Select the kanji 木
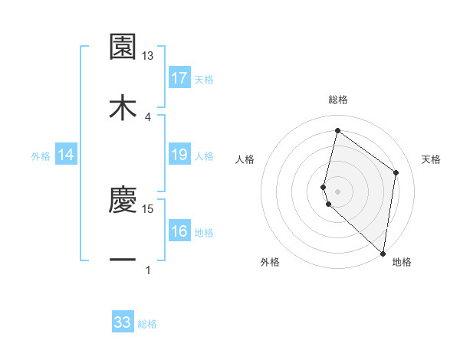pyautogui.click(x=123, y=106)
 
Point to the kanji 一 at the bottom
pyautogui.click(x=123, y=260)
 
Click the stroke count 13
pyautogui.click(x=148, y=56)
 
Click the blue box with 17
pyautogui.click(x=179, y=78)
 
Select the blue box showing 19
pyautogui.click(x=179, y=155)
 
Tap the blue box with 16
pyautogui.click(x=179, y=232)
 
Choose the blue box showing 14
pyautogui.click(x=66, y=155)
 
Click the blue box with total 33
pyautogui.click(x=123, y=322)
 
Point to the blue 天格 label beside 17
pyautogui.click(x=204, y=79)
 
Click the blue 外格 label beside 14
pyautogui.click(x=41, y=156)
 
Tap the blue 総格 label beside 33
pyautogui.click(x=147, y=324)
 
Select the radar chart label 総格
pyautogui.click(x=337, y=100)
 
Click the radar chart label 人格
pyautogui.click(x=245, y=159)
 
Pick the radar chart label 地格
pyautogui.click(x=402, y=262)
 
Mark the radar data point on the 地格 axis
pyautogui.click(x=383, y=254)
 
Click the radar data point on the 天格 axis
pyautogui.click(x=396, y=172)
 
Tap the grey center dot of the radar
pyautogui.click(x=337, y=191)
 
